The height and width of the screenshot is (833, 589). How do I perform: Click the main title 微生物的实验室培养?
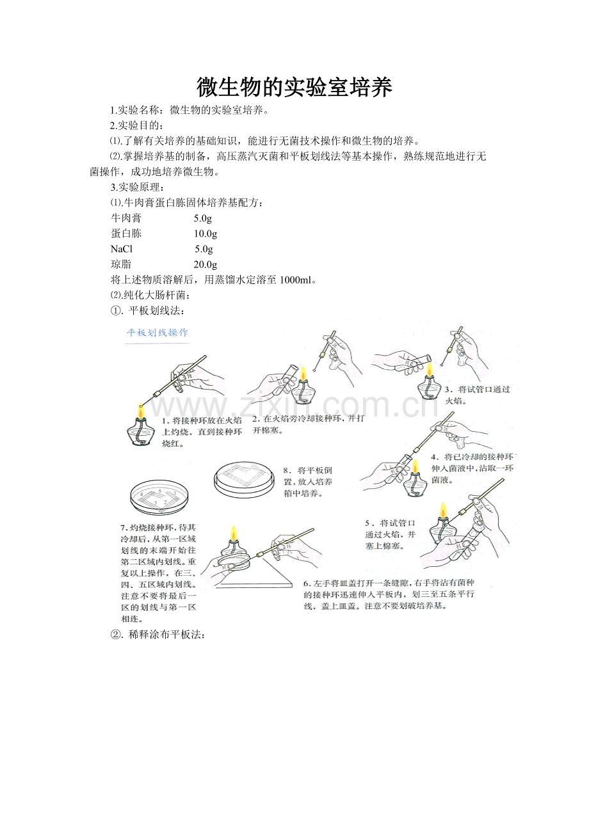point(294,88)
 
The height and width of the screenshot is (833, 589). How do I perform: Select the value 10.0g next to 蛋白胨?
point(206,234)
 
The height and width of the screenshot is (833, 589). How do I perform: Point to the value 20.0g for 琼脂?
point(206,264)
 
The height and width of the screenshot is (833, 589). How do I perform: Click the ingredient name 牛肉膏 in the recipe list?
point(126,218)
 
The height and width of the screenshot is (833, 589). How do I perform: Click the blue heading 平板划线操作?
point(157,333)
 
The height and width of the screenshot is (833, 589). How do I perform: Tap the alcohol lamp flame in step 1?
point(140,409)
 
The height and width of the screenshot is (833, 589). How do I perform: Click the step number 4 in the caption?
point(433,457)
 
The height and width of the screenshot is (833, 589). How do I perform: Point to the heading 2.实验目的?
point(136,125)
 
